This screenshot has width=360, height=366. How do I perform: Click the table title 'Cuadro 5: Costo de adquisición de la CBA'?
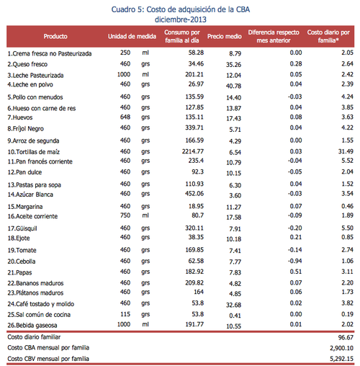pyautogui.click(x=179, y=8)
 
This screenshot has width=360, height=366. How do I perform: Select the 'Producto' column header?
pyautogui.click(x=55, y=35)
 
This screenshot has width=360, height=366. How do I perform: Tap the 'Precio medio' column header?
pyautogui.click(x=225, y=35)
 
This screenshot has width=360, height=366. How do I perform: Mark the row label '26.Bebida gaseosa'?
pyautogui.click(x=36, y=325)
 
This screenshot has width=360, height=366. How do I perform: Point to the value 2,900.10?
pyautogui.click(x=340, y=347)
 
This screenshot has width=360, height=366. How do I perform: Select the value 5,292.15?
pyautogui.click(x=340, y=358)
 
